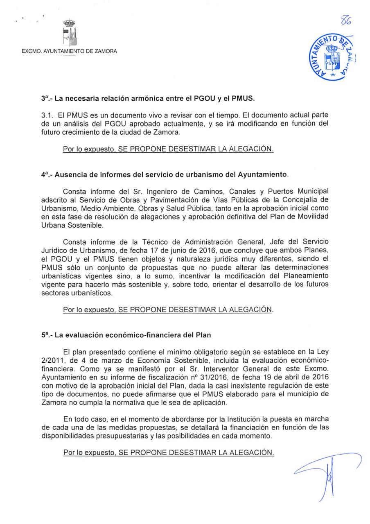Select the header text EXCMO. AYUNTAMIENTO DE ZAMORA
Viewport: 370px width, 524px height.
(x=69, y=51)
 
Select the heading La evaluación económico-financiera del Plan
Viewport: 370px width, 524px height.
(x=126, y=334)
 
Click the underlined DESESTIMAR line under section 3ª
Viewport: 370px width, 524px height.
(x=168, y=149)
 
